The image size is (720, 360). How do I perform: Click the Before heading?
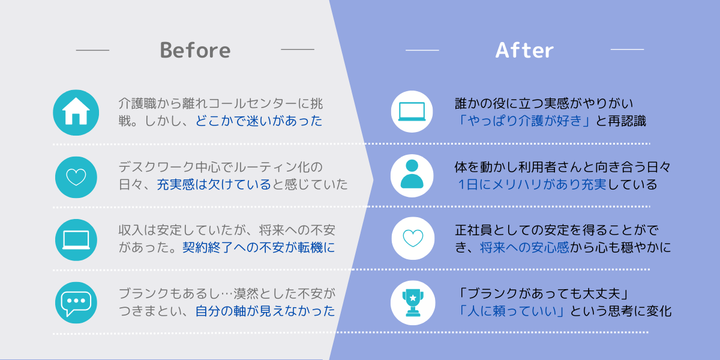[x=195, y=50]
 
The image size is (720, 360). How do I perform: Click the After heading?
[x=524, y=50]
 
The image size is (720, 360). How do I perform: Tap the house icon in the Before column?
[x=76, y=113]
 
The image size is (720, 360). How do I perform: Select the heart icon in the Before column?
[x=76, y=177]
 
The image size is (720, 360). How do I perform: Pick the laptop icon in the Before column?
[x=76, y=240]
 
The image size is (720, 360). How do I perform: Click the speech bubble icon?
[x=76, y=303]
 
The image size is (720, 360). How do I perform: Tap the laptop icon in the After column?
[x=412, y=112]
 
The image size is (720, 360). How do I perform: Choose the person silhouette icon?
[x=412, y=175]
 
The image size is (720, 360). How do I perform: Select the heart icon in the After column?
[x=413, y=238]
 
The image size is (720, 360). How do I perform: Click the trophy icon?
[x=413, y=303]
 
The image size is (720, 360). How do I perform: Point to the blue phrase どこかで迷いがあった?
[x=259, y=121]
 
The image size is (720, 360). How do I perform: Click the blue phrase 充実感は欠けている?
[x=214, y=185]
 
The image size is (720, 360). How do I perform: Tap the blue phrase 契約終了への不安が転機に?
[x=259, y=247]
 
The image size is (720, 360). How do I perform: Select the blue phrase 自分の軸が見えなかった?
[x=265, y=311]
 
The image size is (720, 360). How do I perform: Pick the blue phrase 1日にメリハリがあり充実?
[x=533, y=185]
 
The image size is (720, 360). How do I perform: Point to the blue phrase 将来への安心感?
[x=524, y=247]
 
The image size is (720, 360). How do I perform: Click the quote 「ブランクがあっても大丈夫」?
[x=544, y=293]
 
